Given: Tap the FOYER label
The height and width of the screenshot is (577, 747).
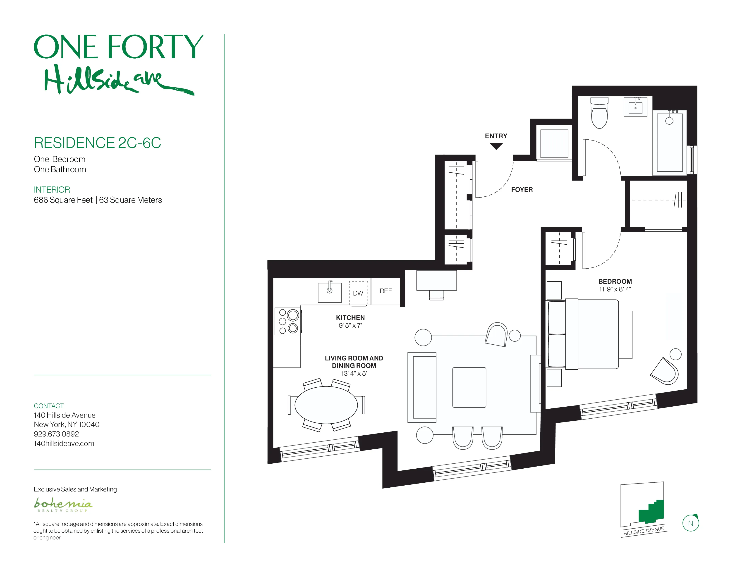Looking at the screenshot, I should pos(522,190).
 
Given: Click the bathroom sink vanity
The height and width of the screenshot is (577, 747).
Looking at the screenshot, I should pos(635,107).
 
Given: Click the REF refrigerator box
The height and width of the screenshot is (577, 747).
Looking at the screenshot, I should pos(386,291).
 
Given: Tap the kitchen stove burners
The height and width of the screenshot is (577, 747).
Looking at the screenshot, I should pos(288,321).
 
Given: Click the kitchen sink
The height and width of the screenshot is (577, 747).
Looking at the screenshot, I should pos(329,293).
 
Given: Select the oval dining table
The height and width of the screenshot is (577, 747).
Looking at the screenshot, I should pos(326,405).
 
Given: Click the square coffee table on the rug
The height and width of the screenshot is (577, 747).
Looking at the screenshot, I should pos(469,387).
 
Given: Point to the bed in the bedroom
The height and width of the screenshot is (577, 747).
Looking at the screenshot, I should pos(592,334).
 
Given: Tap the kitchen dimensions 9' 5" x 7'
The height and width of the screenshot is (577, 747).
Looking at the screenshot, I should pos(350,325).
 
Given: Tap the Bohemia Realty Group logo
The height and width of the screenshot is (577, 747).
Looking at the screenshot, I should pos(63,505).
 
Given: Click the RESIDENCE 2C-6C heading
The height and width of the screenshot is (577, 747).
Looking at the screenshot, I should pos(98,143).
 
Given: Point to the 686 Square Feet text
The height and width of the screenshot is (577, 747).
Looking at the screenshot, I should pos(63,200).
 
